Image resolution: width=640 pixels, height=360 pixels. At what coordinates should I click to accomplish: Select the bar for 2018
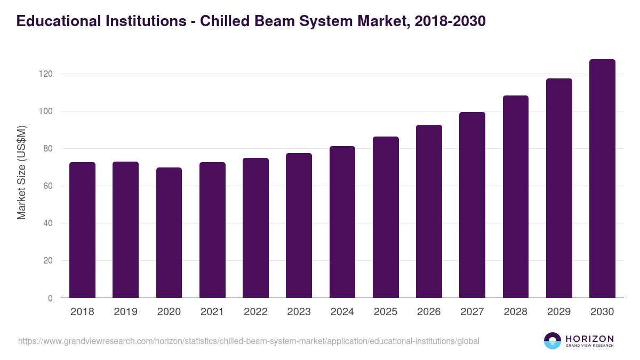coord(82,230)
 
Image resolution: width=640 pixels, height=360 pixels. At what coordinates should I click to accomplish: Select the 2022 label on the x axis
coord(255,312)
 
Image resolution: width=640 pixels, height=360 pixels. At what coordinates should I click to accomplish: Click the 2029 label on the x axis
coord(559,312)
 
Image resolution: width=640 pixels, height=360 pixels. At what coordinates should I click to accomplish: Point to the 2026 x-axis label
coord(429,312)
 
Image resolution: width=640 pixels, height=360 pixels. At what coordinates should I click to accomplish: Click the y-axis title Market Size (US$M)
coord(21,172)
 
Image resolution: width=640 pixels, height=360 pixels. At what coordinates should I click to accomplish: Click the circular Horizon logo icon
coord(553,341)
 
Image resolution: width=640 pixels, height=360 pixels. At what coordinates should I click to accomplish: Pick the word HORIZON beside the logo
coord(589,338)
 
